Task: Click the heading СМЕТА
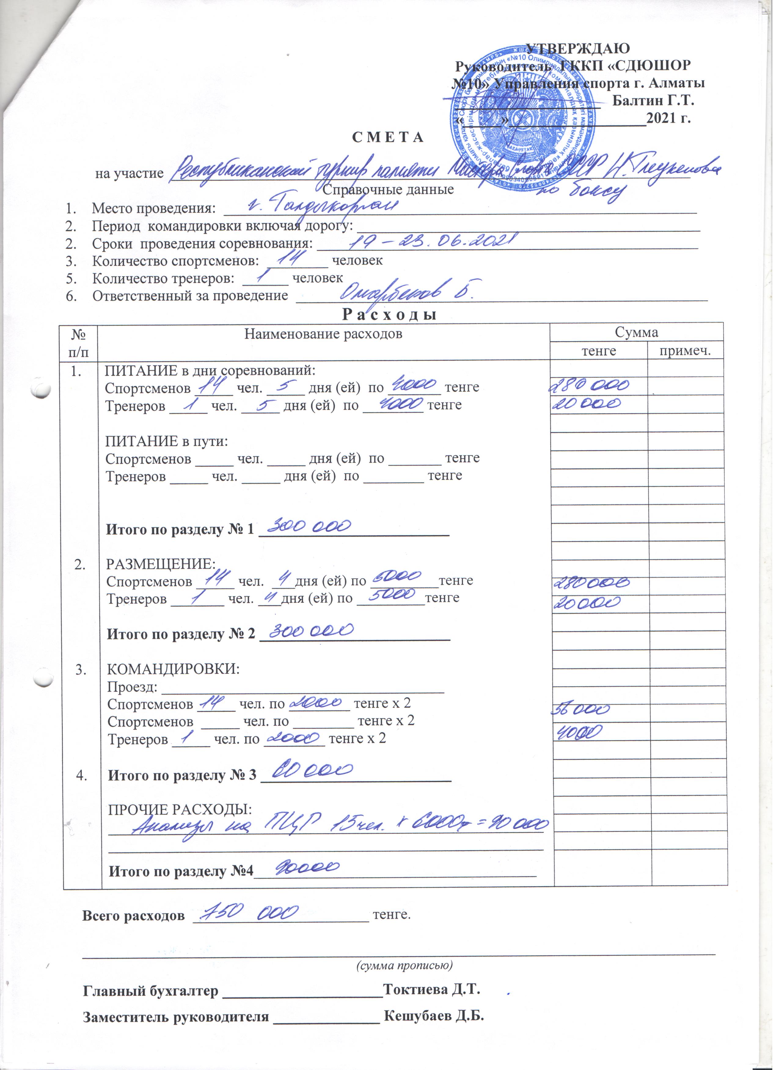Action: point(389,138)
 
